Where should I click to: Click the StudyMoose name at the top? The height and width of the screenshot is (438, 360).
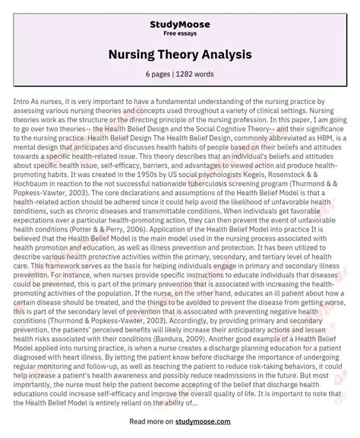[x=180, y=11]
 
